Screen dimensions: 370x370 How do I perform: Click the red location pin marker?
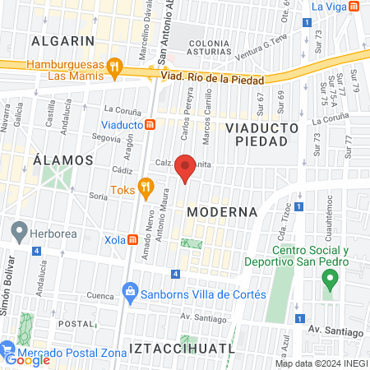186,168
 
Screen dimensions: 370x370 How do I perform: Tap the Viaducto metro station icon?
150,125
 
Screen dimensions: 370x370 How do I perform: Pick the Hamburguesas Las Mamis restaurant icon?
116,65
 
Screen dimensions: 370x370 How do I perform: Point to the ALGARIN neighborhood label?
62,39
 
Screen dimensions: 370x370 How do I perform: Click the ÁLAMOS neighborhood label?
61,159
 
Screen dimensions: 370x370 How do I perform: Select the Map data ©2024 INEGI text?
320,363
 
